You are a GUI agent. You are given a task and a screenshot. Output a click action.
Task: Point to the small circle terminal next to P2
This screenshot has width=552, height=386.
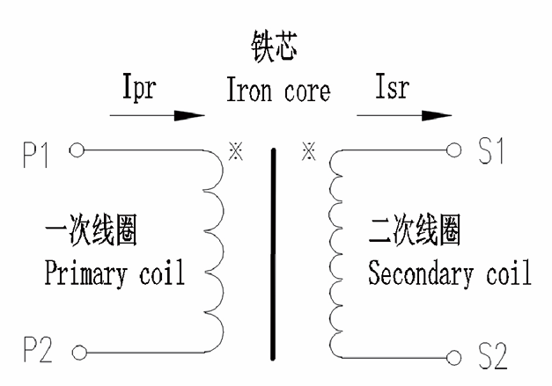click(x=77, y=355)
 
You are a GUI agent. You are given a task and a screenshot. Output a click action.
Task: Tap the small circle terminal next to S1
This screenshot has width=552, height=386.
click(x=455, y=149)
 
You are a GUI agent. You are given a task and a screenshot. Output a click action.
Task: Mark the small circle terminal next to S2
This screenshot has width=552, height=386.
click(x=455, y=357)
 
